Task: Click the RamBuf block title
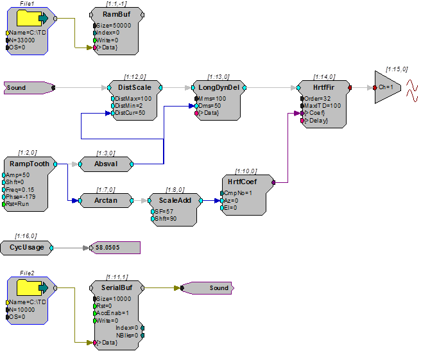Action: pyautogui.click(x=117, y=14)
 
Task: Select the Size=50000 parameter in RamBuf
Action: pyautogui.click(x=114, y=26)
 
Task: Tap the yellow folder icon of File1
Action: pyautogui.click(x=29, y=18)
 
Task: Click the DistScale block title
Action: pyautogui.click(x=135, y=87)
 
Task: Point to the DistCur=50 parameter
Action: pyautogui.click(x=130, y=113)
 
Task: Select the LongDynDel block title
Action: pyautogui.click(x=219, y=87)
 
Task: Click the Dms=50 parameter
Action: pyautogui.click(x=209, y=106)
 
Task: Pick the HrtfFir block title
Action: pyautogui.click(x=323, y=87)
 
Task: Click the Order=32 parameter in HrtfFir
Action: pyautogui.click(x=317, y=99)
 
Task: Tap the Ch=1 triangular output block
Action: pyautogui.click(x=388, y=87)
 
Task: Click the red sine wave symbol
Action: pyautogui.click(x=412, y=90)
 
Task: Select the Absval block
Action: pyautogui.click(x=106, y=164)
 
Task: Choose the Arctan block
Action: pyautogui.click(x=106, y=201)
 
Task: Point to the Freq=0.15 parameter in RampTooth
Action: pyautogui.click(x=20, y=189)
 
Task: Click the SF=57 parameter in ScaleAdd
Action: pyautogui.click(x=164, y=212)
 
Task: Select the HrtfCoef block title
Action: pyautogui.click(x=242, y=182)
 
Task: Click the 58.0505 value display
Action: pyautogui.click(x=115, y=248)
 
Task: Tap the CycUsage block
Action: pyautogui.click(x=27, y=248)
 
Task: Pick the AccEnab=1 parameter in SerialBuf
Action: pyautogui.click(x=112, y=313)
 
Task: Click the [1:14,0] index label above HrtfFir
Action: pyautogui.click(x=324, y=77)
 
